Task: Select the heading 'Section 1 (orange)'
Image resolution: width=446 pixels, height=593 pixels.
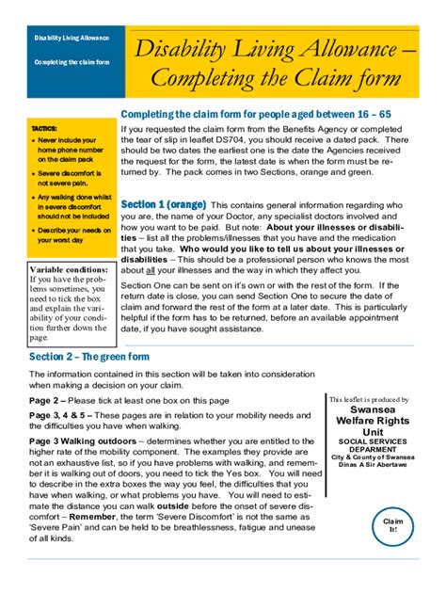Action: coord(164,204)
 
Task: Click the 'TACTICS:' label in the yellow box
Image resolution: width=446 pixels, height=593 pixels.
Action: coord(44,127)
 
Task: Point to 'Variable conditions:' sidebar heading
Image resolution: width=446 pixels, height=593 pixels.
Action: coord(69,269)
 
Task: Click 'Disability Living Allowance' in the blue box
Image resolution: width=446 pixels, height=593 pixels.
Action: coord(72,39)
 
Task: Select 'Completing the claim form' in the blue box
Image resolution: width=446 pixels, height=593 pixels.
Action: coord(72,62)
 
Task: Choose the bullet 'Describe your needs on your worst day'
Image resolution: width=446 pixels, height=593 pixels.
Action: coord(73,234)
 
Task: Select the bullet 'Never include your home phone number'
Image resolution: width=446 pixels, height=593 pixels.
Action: coord(71,149)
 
